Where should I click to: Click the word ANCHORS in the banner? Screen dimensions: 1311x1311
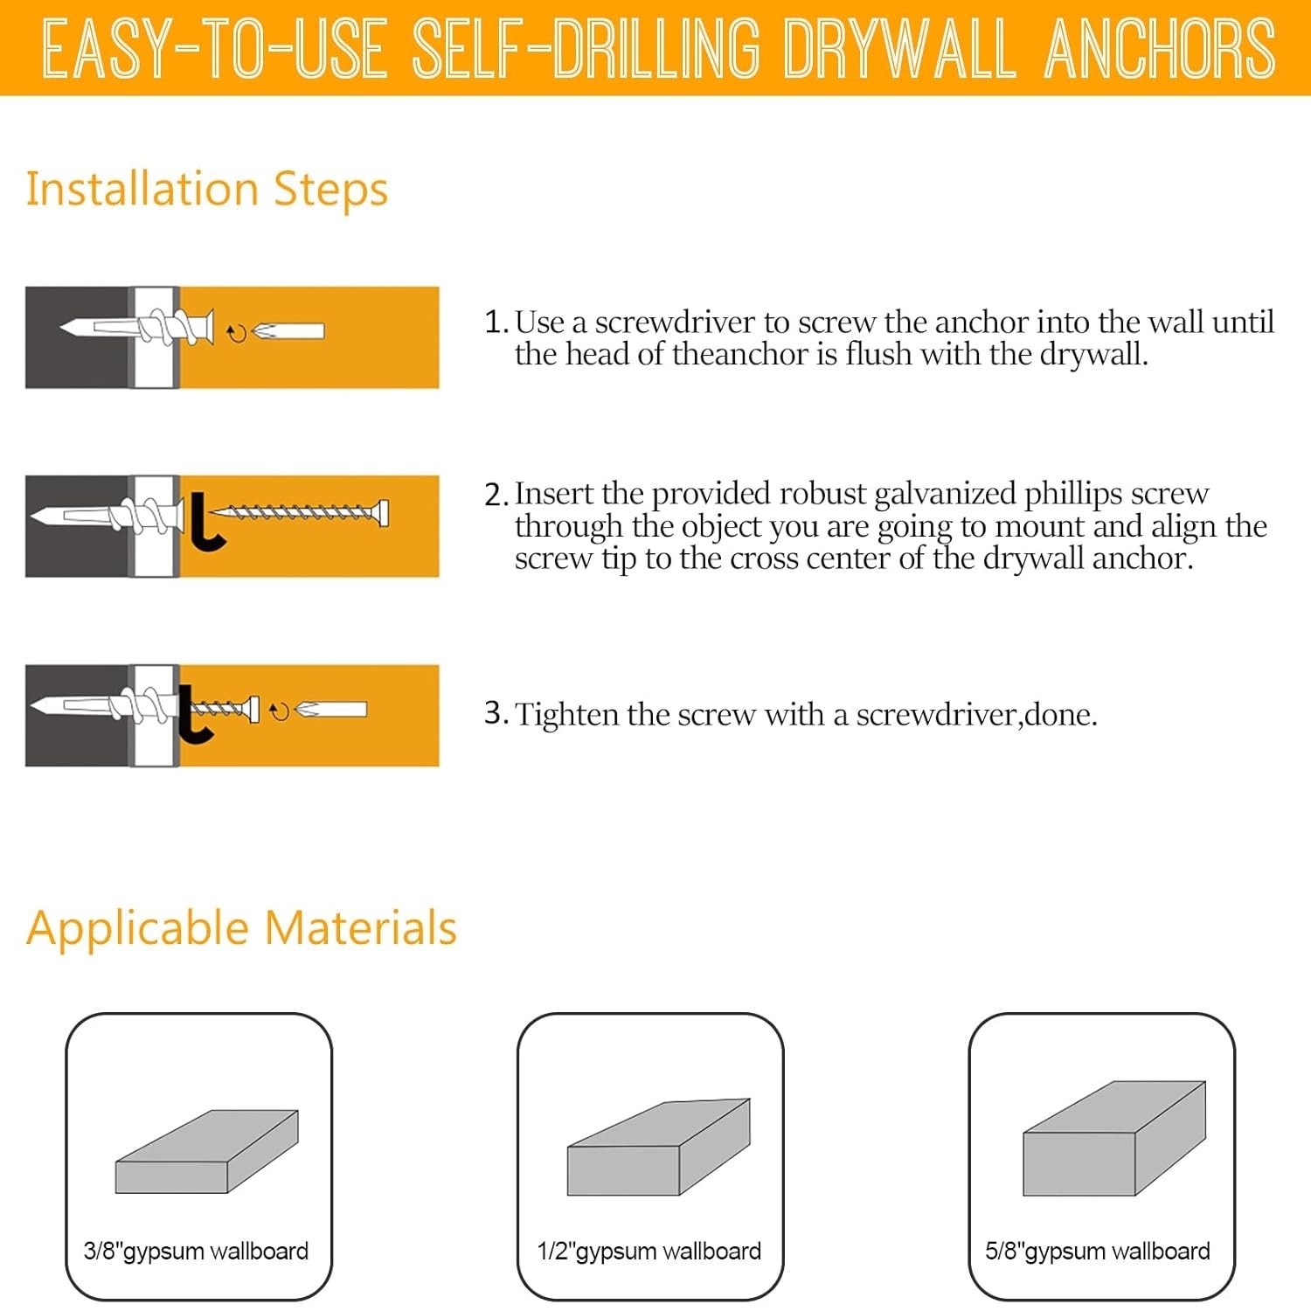coord(1160,48)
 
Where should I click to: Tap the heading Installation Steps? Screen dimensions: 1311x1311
coord(207,189)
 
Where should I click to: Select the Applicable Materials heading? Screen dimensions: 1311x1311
coord(241,927)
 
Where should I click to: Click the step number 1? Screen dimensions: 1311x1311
coord(496,322)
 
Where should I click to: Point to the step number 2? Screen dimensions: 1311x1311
coord(496,495)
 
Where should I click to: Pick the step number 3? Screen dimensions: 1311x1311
coord(496,713)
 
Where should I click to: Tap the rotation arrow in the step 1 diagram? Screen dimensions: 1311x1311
coord(237,333)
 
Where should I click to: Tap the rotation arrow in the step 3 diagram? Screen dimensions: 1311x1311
coord(279,712)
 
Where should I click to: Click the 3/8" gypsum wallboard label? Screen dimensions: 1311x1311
coord(196,1251)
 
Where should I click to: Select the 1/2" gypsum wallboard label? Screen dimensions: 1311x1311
coord(649,1251)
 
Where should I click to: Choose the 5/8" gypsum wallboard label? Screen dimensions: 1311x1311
coord(1098,1251)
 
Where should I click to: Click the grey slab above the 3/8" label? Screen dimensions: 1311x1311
coord(207,1152)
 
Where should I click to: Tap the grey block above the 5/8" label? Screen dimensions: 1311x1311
coord(1114,1139)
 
